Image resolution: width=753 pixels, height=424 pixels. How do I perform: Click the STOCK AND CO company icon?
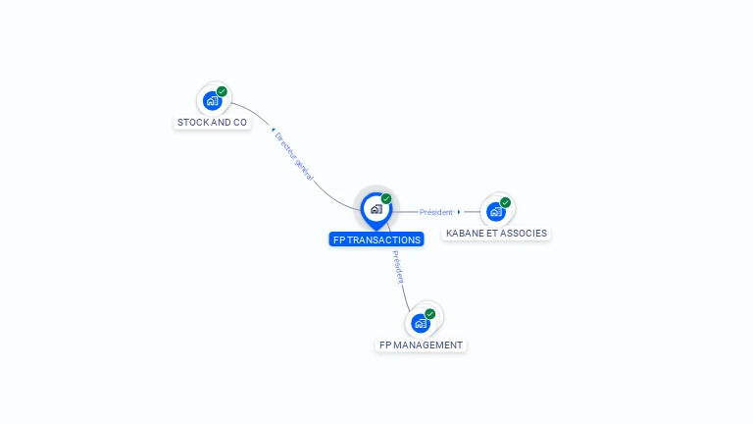tap(212, 100)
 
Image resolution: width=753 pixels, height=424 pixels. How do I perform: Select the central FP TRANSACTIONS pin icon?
tap(376, 208)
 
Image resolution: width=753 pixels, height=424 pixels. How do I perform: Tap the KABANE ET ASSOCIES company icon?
tap(496, 211)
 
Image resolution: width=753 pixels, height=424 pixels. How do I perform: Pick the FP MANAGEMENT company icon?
tap(421, 323)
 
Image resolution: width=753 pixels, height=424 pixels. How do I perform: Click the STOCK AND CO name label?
tap(212, 123)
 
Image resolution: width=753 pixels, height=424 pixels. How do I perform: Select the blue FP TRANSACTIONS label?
tap(376, 239)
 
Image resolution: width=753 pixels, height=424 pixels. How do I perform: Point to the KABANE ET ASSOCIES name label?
tap(496, 234)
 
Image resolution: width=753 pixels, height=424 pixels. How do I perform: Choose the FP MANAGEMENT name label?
tap(421, 345)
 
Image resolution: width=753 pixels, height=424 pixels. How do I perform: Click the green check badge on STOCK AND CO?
tap(222, 91)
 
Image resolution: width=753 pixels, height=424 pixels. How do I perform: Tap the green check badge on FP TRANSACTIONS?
tap(386, 198)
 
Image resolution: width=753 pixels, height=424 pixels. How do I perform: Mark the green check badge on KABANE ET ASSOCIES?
tap(506, 202)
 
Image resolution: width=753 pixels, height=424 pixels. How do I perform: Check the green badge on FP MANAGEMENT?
tap(430, 314)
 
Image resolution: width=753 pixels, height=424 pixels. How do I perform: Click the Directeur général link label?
tap(294, 156)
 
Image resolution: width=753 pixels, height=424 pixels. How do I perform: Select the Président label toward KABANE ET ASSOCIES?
tap(436, 212)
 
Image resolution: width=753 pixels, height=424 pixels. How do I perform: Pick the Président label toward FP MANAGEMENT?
tap(398, 267)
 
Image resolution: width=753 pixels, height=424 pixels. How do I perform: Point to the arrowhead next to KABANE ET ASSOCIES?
tap(459, 212)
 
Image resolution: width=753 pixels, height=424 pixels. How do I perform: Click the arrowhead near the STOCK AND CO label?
tap(273, 129)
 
